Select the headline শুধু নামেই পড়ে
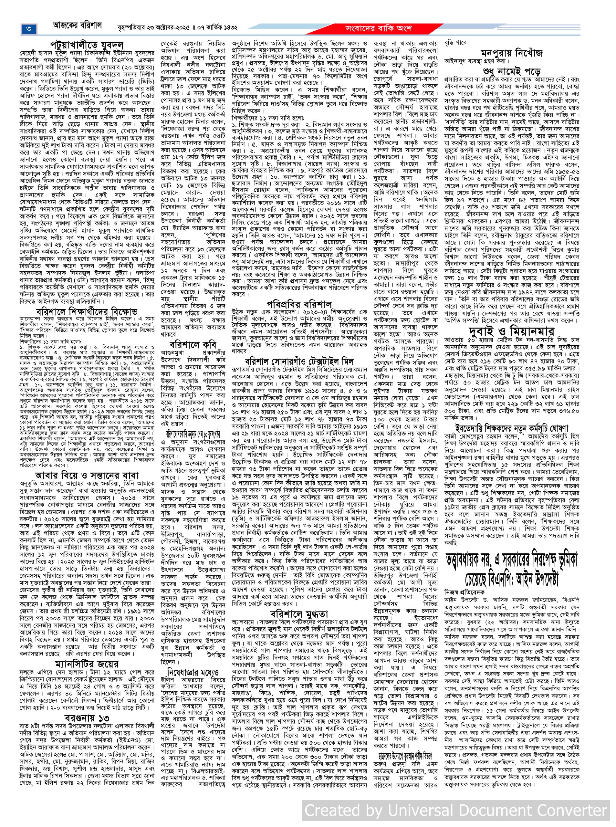(x=511, y=70)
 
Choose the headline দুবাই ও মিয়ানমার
(x=511, y=330)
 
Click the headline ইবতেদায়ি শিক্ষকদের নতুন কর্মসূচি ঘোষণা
(x=511, y=427)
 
